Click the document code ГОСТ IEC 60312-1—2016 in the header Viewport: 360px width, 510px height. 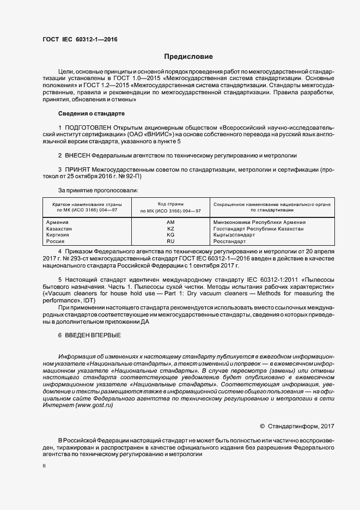[80, 40]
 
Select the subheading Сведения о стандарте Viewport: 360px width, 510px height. [91, 113]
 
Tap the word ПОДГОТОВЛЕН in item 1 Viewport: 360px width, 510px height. [88, 127]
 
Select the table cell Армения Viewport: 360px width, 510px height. [58, 222]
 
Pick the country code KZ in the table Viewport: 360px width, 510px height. [170, 229]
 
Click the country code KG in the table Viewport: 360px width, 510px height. [170, 234]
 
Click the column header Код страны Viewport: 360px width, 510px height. [170, 203]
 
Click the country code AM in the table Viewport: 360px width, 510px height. [170, 222]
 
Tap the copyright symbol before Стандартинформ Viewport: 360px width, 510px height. [262, 426]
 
